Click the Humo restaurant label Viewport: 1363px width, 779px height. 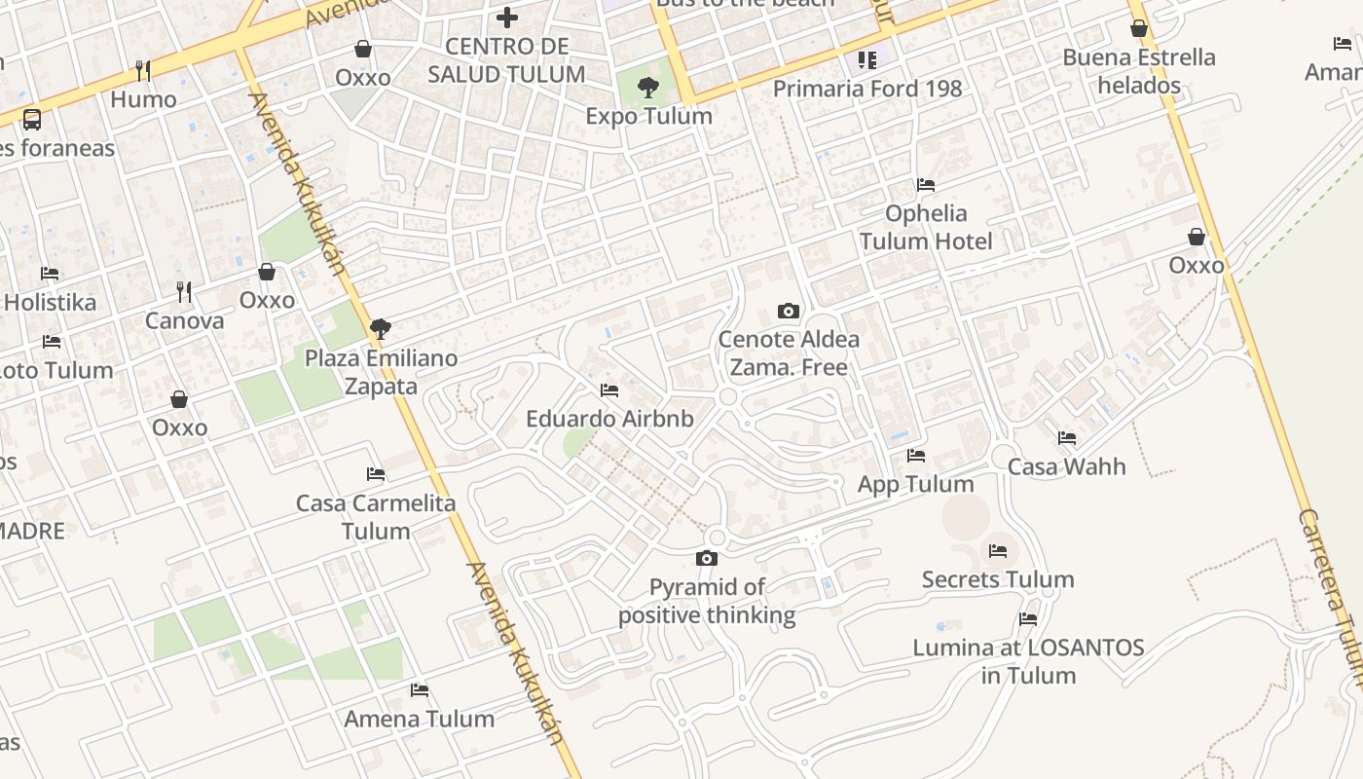[143, 99]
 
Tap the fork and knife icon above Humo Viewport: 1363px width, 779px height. [143, 70]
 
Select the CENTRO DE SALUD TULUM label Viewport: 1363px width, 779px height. [506, 60]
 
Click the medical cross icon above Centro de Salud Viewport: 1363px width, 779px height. [506, 17]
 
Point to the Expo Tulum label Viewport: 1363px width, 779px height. [648, 116]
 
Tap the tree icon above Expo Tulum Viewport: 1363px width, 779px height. [647, 88]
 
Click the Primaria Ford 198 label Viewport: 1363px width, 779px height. [867, 89]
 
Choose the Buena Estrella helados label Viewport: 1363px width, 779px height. [1139, 71]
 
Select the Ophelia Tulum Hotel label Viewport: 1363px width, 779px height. [926, 227]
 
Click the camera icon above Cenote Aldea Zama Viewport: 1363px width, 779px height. [789, 312]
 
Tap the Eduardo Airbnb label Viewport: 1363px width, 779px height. [609, 419]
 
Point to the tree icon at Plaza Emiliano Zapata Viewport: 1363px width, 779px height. [381, 329]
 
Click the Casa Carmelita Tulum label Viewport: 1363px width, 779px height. [376, 517]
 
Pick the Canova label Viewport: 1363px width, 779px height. [184, 320]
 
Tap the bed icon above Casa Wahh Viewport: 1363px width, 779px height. [1067, 438]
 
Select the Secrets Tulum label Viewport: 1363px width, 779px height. [998, 579]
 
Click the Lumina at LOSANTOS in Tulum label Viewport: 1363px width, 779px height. [1028, 661]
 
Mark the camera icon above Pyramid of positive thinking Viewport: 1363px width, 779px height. [707, 558]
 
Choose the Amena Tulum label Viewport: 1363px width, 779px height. [420, 719]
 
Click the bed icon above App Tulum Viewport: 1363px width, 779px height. [915, 455]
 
